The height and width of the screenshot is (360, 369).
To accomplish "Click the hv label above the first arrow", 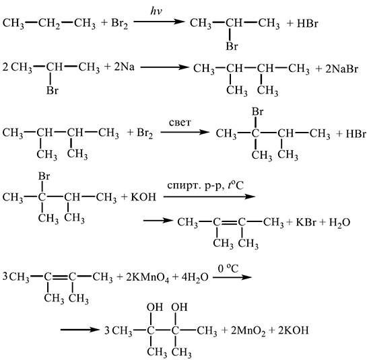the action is pos(157,11).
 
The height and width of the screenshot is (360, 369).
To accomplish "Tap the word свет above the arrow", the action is pos(180,122).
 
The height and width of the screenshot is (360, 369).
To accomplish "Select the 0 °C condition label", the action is pos(228,268).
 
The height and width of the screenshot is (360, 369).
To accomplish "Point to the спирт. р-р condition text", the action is pos(195,186).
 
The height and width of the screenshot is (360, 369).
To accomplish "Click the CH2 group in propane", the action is pos(49,24).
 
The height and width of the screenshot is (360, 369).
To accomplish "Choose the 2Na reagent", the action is pos(125,67).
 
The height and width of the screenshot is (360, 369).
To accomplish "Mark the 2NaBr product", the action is pos(341,69).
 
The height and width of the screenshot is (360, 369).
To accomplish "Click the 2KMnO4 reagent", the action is pos(147,278).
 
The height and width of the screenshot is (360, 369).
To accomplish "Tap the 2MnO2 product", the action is pos(248,331).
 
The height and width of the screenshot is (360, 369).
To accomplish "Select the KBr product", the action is pos(306,222).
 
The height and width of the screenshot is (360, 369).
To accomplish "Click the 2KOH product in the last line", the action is pos(293,330).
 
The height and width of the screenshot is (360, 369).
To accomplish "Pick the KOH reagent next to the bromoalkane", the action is pos(143,196).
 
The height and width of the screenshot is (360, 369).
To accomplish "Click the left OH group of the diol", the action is pos(155,307).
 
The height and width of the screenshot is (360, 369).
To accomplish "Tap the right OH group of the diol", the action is pos(179,307).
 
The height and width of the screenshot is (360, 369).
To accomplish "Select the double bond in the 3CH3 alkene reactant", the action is pos(60,277).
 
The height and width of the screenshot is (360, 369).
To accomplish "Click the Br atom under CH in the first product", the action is pos(232,46).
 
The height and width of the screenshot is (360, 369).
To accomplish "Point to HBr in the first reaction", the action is pos(308,24).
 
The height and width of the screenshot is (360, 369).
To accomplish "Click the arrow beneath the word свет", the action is pos(184,132).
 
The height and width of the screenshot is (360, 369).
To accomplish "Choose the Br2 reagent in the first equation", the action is pos(120,24).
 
